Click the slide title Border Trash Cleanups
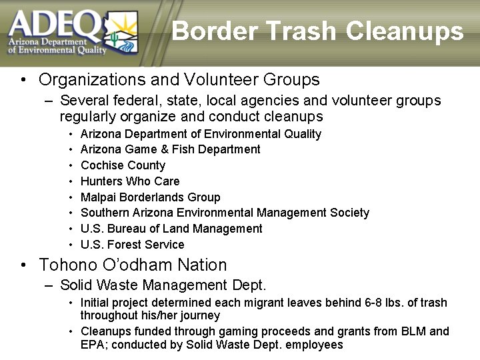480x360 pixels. pos(317,31)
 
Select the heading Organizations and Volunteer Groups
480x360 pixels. pos(179,80)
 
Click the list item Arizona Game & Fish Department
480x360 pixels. pos(170,149)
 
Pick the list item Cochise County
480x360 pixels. pos(123,165)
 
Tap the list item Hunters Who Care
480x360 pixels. pos(130,181)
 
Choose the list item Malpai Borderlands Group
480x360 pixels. pos(150,197)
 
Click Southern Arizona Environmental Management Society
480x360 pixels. pos(225,213)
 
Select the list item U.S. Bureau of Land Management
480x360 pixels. pos(171,229)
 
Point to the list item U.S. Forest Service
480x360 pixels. pos(132,245)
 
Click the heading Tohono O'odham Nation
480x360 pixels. pos(133,265)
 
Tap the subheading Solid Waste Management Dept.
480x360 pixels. pos(163,285)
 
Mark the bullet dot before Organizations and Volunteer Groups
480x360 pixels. pos(23,81)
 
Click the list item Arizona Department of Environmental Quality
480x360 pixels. pos(201,134)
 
